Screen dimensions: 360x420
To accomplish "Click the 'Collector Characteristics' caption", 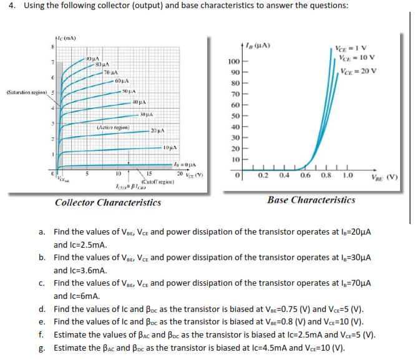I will coord(108,202).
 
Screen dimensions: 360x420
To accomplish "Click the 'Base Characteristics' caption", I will coord(311,200).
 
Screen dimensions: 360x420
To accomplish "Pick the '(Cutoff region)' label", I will coord(155,182).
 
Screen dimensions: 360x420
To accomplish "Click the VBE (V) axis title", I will coord(385,177).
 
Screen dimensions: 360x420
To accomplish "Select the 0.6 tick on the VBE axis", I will coord(305,175).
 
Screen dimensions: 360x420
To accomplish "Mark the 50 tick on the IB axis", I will coord(235,116).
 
